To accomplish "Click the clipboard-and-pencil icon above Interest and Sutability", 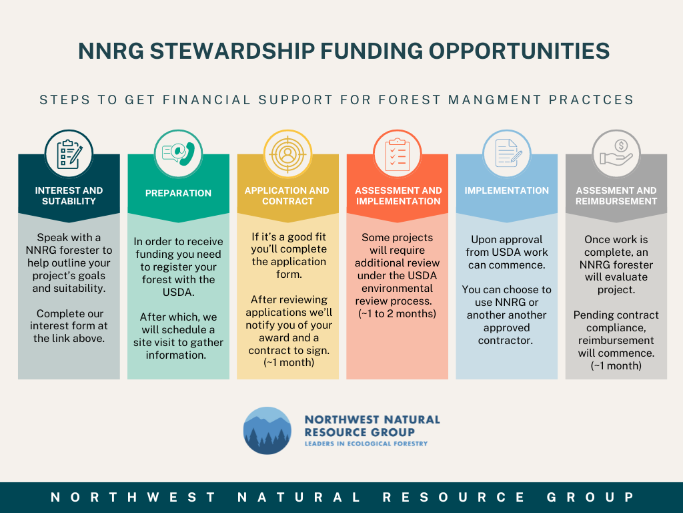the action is [x=69, y=154].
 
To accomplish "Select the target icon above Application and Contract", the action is [x=287, y=154].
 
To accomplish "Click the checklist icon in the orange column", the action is [x=398, y=154].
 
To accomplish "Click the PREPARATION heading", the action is [x=178, y=193].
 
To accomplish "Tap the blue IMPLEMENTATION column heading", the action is [x=507, y=190].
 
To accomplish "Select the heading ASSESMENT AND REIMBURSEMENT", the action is [x=616, y=196].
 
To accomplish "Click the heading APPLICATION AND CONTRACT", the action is [x=287, y=196].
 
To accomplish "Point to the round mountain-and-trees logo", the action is [x=267, y=431].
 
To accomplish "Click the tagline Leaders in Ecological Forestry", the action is [x=366, y=444].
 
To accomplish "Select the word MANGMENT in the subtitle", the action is [x=495, y=100].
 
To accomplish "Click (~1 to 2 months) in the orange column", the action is [x=398, y=314].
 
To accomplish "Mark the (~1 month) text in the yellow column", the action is [x=289, y=363].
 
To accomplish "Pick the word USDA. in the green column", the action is [x=178, y=292].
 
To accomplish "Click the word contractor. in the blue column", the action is [x=506, y=340].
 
